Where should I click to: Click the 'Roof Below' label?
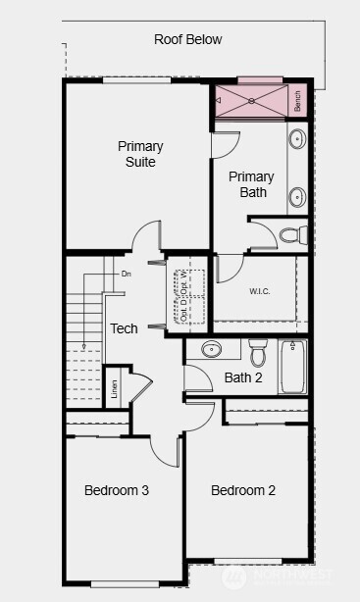point(188,40)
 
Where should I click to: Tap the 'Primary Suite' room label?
point(140,154)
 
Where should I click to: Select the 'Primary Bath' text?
point(252,184)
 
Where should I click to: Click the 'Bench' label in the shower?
point(297,100)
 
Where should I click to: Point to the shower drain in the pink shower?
point(251,100)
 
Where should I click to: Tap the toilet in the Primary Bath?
point(292,234)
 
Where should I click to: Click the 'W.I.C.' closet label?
point(260,291)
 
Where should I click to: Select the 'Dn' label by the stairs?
point(126,275)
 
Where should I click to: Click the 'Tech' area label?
point(124,328)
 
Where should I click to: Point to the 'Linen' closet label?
point(114,390)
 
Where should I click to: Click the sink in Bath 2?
point(212,349)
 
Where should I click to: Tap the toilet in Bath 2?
point(258,350)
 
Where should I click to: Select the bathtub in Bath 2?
point(293,366)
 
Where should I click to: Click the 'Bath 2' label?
point(243,377)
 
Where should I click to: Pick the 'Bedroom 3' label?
point(116,490)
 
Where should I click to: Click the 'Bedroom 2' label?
point(243,490)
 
